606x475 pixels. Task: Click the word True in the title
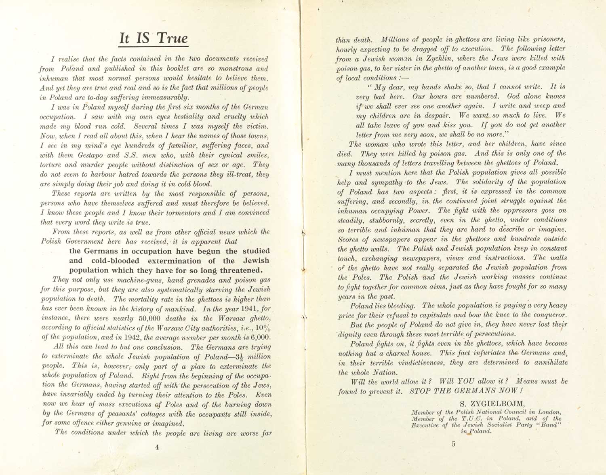click(x=172, y=38)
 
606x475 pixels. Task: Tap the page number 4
click(x=157, y=447)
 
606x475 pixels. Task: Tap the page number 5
click(x=453, y=444)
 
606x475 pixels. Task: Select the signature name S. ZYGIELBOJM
click(x=486, y=403)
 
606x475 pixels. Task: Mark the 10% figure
click(x=262, y=327)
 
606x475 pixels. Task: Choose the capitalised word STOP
click(x=421, y=391)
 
